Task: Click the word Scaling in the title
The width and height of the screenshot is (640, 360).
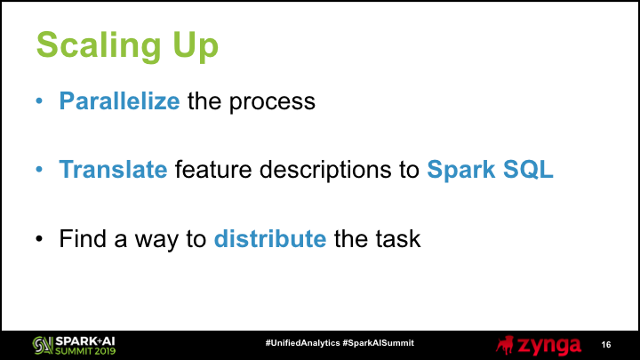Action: [x=99, y=45]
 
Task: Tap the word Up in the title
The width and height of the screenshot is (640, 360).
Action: [x=196, y=45]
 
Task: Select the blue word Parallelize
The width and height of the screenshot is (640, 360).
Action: [x=119, y=100]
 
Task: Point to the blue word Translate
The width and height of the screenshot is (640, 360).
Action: [x=113, y=169]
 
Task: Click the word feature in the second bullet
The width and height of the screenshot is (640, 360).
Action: [x=213, y=169]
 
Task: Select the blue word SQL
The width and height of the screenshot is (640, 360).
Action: [x=528, y=169]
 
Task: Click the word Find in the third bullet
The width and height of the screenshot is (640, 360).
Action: [x=83, y=238]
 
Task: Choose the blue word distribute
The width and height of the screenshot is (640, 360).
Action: [x=270, y=238]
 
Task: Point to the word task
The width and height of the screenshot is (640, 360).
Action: [x=397, y=238]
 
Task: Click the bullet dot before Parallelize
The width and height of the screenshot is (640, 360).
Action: [x=39, y=100]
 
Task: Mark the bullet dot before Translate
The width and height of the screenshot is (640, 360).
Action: [x=39, y=169]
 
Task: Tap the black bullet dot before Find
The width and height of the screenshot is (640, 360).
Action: [x=39, y=238]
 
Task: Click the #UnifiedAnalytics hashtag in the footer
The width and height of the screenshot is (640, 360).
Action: [x=302, y=343]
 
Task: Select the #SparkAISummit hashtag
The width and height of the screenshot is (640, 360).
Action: [x=379, y=343]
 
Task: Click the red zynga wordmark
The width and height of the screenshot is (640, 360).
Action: [x=549, y=346]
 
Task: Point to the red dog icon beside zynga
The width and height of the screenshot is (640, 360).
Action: [x=505, y=345]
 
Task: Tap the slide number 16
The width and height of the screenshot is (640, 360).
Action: [x=606, y=345]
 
